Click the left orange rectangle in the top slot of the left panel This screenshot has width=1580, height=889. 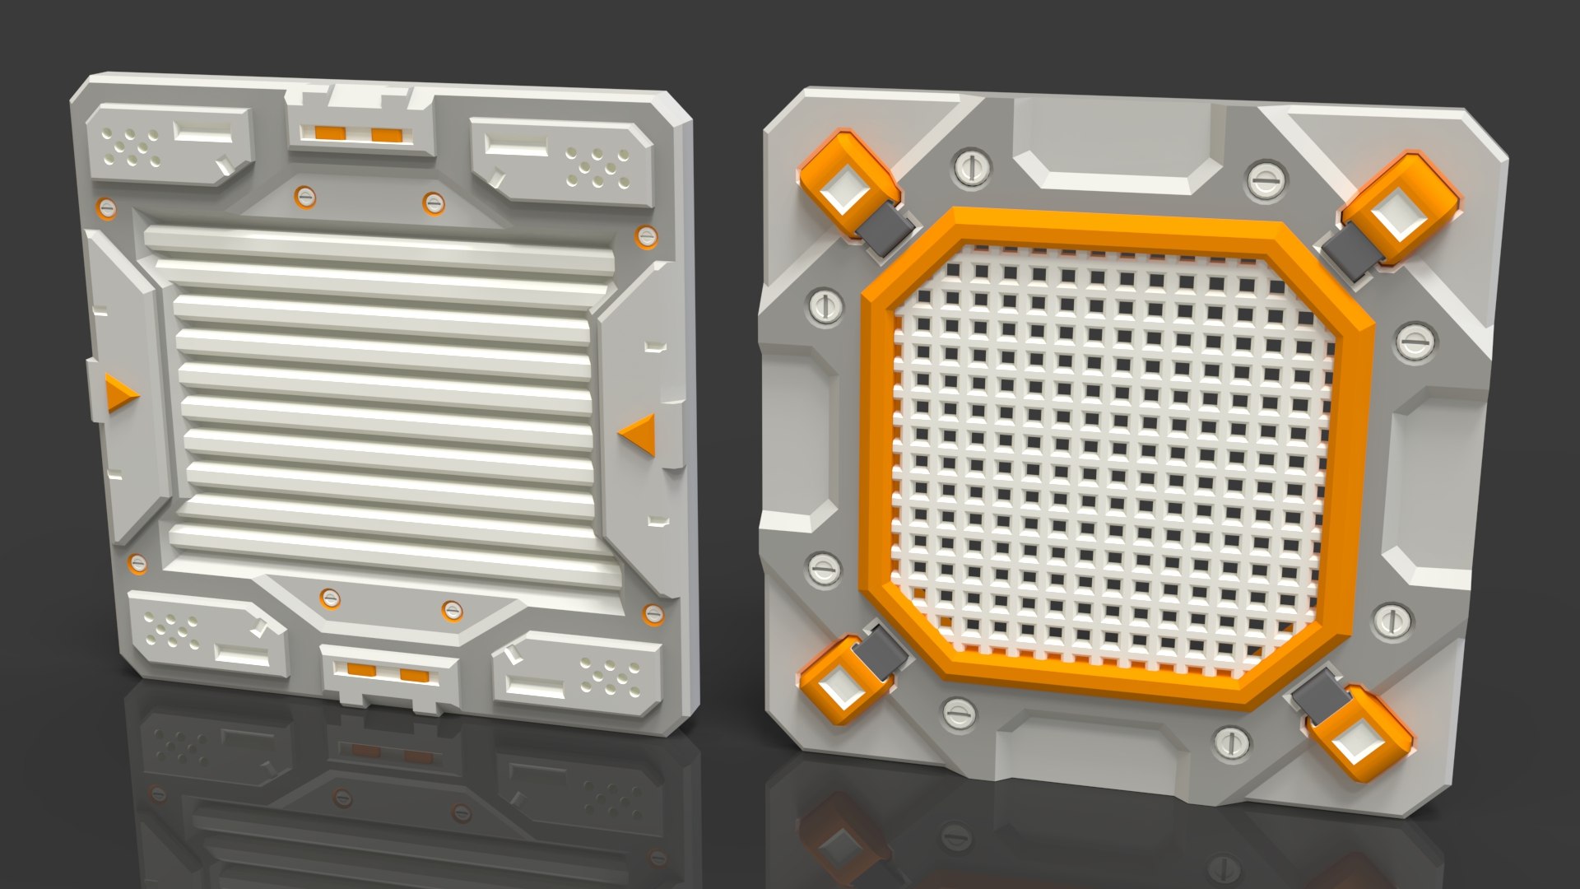tap(328, 132)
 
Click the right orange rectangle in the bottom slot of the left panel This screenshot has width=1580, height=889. tap(414, 676)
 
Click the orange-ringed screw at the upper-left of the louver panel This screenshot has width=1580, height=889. tap(106, 207)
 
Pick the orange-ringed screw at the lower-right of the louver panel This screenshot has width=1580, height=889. tap(653, 614)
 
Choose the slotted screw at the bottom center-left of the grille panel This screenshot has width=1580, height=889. tap(959, 713)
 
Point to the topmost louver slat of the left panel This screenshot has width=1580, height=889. tap(379, 240)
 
